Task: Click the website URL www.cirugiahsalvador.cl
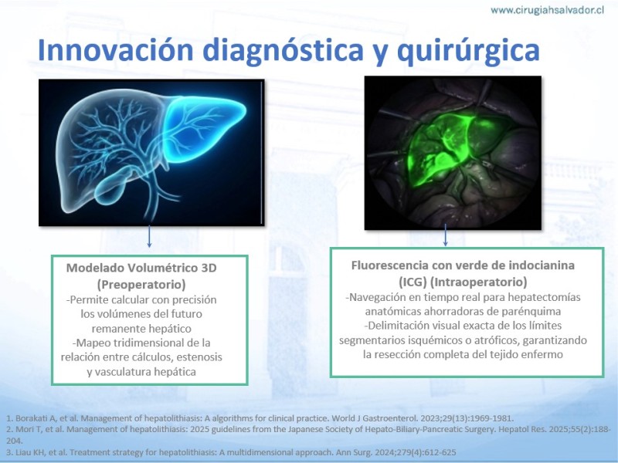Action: click(x=547, y=10)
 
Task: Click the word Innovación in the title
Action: click(x=115, y=50)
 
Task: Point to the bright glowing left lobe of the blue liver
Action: click(x=203, y=128)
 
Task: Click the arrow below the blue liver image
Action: click(x=149, y=236)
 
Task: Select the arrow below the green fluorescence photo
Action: click(x=446, y=235)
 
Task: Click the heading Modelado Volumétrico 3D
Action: click(x=141, y=268)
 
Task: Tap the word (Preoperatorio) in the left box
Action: click(x=141, y=284)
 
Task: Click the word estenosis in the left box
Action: click(x=199, y=357)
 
